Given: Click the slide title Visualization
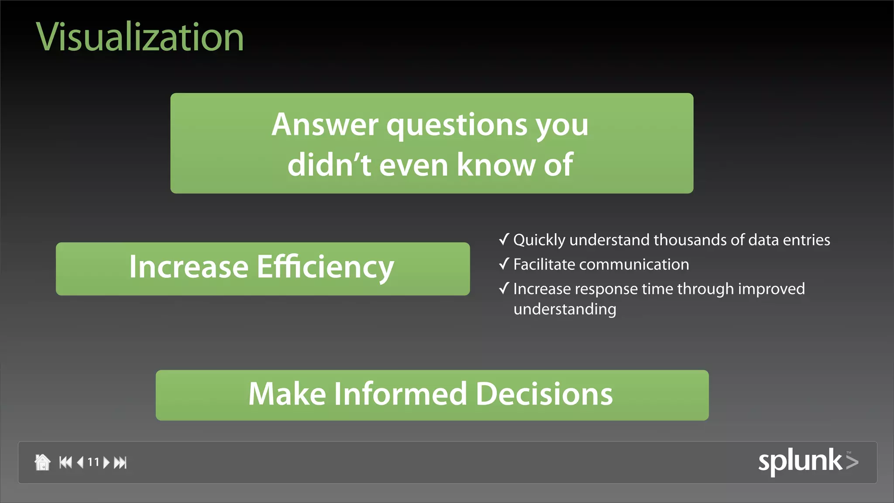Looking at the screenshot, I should pos(140,38).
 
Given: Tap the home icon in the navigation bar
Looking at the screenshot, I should pos(42,462).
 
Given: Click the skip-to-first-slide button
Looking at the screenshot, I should pos(65,462).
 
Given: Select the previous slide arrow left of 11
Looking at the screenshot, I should pos(80,462).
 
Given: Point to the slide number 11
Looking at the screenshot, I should pos(93,462).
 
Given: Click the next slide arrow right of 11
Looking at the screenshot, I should pos(106,462).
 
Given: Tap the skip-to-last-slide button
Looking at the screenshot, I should pos(120,462).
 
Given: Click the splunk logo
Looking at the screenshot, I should pos(808,461).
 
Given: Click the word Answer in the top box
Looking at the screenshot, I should pos(325,125).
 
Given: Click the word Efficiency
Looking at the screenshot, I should pos(325,267).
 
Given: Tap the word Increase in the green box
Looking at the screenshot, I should pos(189,267).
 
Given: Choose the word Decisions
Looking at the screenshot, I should pos(544,394).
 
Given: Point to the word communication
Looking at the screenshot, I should pos(634,265).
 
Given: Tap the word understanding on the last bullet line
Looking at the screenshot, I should pos(564,309).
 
